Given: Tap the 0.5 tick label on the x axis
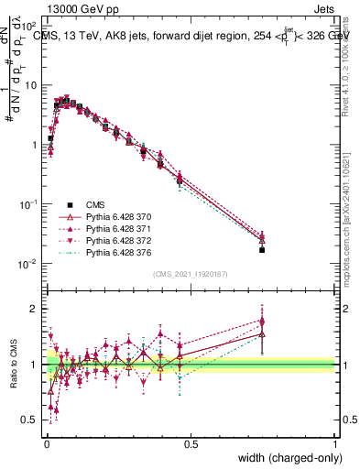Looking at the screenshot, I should (191, 444).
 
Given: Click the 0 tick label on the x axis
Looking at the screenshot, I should (46, 444).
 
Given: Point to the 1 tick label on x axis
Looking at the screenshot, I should (335, 444).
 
